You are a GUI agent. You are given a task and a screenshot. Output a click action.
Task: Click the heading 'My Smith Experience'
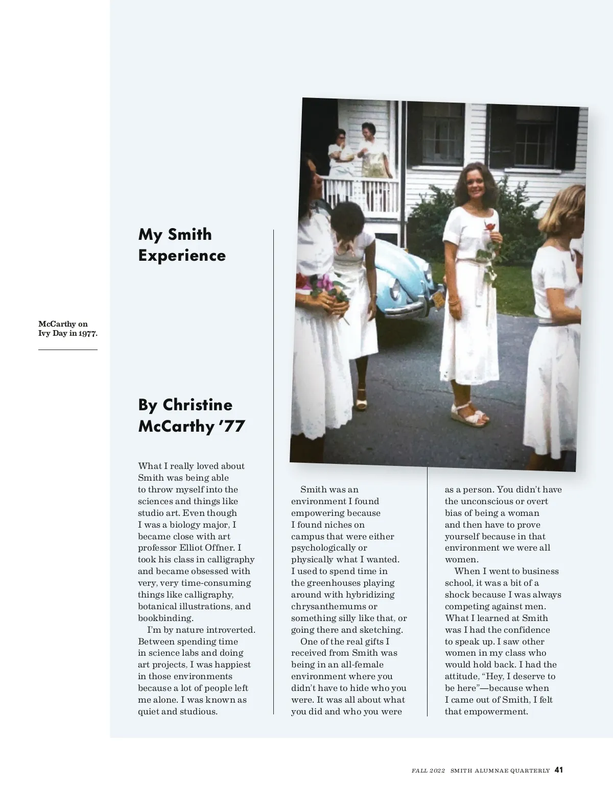(x=182, y=245)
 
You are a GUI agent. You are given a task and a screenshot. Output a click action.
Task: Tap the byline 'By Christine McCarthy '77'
(x=192, y=415)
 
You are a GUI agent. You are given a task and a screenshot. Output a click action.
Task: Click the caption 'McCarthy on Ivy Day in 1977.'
(x=67, y=329)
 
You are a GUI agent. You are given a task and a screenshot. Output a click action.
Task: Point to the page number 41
(x=558, y=770)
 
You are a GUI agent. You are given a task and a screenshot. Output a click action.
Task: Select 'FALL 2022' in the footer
(x=428, y=771)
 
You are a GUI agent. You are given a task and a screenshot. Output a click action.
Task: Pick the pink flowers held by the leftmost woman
(x=323, y=285)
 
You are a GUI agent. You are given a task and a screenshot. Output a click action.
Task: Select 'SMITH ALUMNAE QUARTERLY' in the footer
(x=500, y=771)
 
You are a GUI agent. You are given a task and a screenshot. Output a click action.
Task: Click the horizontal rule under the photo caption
(x=67, y=350)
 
